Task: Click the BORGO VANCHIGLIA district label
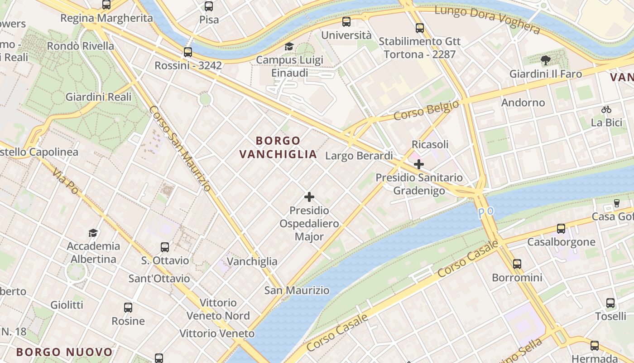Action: tap(278, 147)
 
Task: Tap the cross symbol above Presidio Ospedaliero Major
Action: tap(309, 197)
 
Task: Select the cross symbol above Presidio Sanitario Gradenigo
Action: tap(419, 164)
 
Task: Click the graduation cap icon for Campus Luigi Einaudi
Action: tap(289, 46)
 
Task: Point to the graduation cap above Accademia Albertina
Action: tap(93, 233)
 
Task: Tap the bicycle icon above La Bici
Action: tap(606, 109)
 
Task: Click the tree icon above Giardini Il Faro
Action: tap(546, 60)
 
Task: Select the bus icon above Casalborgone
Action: tap(561, 229)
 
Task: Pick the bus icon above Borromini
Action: tap(517, 264)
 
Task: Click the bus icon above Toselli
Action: tap(610, 303)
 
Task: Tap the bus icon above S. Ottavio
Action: tap(165, 247)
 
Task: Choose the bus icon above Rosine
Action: tap(128, 308)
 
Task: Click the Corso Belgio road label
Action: tap(426, 110)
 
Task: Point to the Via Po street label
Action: tap(66, 181)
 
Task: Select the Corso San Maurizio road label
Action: tap(180, 148)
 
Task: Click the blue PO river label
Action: tap(486, 211)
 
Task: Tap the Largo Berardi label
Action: tap(359, 156)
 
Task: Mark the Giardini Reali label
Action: tap(98, 97)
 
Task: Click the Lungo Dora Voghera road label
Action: tap(487, 20)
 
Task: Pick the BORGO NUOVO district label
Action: tap(64, 352)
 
